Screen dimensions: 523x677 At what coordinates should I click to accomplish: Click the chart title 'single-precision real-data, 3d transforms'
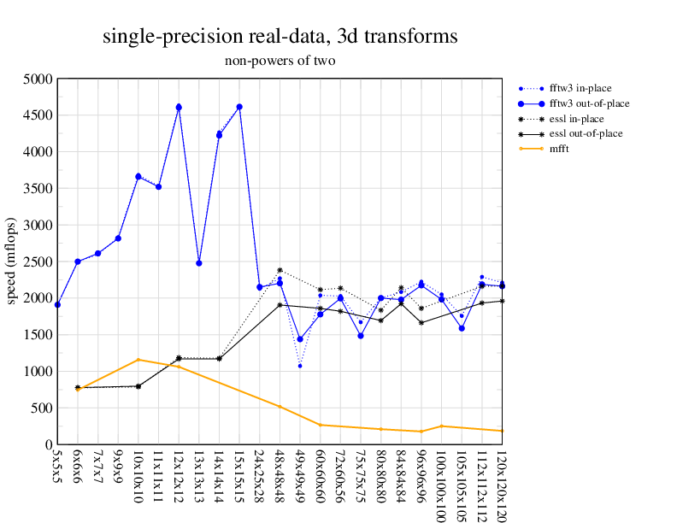pos(280,37)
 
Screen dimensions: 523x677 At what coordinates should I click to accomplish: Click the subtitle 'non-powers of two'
pos(280,61)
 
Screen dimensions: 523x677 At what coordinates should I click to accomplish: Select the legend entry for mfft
pos(561,149)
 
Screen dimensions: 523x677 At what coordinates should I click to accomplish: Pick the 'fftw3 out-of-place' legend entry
pos(589,103)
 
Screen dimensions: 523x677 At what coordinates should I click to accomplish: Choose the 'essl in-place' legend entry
pos(582,118)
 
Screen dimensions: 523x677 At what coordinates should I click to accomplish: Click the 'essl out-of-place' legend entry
pos(586,133)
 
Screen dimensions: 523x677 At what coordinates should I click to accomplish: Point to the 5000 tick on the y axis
pos(38,79)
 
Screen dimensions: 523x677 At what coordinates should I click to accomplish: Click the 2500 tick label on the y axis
pos(38,261)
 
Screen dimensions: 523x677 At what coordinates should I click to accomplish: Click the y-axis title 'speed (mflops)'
pos(12,261)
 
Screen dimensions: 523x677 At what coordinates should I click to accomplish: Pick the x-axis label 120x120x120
pos(501,484)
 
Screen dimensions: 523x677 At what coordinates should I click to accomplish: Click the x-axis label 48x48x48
pos(280,476)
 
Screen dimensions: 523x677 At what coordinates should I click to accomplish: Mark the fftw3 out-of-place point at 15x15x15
pos(239,107)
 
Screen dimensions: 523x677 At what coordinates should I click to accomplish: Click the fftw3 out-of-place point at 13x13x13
pos(198,262)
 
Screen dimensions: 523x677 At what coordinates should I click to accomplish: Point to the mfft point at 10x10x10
pos(138,360)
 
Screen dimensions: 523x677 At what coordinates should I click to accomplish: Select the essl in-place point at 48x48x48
pos(280,270)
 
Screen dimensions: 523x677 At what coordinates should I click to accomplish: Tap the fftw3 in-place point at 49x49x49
pos(300,366)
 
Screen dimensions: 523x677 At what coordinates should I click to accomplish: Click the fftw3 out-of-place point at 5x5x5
pos(57,304)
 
